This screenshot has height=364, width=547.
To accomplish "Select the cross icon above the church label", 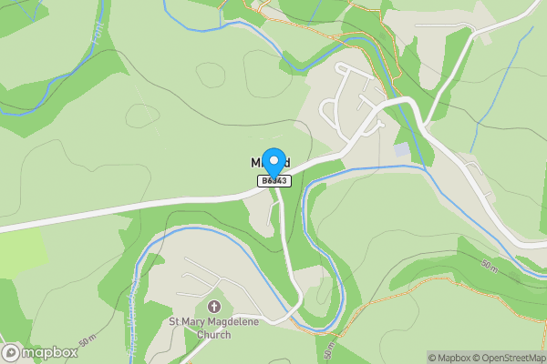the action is (214, 307).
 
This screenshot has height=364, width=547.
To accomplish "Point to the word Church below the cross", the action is (213, 334).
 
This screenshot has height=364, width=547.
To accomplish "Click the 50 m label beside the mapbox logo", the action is (88, 341).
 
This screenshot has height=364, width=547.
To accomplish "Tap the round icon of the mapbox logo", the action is (12, 351).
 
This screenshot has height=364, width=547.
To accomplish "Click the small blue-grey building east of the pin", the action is (401, 148).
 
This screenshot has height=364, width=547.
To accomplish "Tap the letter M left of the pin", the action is (256, 162).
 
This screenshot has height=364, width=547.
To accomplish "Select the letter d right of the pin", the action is (286, 162).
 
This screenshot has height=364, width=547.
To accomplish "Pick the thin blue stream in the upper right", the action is (478, 127).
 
